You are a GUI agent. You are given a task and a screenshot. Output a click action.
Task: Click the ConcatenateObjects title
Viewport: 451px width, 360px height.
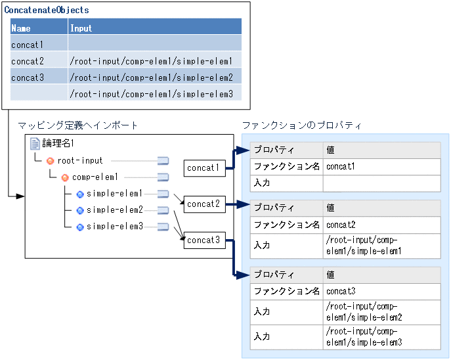tap(47, 11)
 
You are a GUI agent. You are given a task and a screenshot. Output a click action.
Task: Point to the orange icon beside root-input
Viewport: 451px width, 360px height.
tap(51, 161)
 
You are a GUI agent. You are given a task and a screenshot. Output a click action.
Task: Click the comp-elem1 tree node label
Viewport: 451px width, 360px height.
tap(95, 177)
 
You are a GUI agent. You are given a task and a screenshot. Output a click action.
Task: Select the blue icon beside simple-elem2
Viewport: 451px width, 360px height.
tap(80, 210)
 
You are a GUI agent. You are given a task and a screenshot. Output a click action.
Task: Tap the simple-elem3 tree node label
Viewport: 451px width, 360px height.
tap(114, 227)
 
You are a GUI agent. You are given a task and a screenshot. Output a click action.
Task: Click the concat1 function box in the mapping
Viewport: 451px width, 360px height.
tap(204, 168)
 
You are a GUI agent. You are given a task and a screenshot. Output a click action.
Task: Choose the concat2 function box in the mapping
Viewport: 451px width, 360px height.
tap(204, 204)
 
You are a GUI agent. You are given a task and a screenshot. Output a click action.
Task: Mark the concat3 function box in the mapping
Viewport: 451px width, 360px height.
tap(204, 240)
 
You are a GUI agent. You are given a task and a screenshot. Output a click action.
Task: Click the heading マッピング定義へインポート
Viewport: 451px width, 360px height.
tap(78, 125)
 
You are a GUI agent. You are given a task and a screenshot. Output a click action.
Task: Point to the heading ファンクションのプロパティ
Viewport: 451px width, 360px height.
tap(301, 125)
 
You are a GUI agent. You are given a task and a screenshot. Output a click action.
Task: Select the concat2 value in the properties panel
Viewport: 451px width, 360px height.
tap(341, 225)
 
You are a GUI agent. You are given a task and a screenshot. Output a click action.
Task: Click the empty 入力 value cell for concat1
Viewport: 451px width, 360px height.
tap(381, 183)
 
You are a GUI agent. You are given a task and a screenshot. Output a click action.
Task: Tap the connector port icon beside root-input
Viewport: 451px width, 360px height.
tap(163, 161)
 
